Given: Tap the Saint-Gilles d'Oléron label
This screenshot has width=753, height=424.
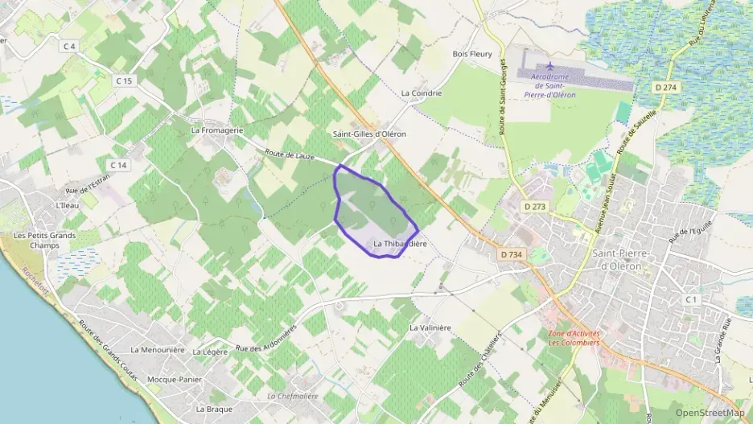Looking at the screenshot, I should click(369, 134).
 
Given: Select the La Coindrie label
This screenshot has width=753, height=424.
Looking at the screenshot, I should click(422, 93).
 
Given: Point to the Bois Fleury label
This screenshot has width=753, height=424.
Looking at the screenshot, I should click(471, 54).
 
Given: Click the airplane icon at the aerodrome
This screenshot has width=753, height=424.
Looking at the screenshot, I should click(550, 67).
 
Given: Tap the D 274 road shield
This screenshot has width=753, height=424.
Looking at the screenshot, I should click(665, 87).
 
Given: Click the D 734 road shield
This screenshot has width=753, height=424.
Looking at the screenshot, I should click(511, 254).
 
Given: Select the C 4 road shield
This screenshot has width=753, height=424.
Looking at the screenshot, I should click(69, 47).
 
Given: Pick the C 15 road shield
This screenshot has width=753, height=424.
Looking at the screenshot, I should click(123, 80).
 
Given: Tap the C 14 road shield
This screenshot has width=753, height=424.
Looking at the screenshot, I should click(118, 165).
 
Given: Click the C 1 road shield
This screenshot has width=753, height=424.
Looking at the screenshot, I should click(691, 299).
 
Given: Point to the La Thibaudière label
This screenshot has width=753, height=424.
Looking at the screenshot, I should click(401, 243).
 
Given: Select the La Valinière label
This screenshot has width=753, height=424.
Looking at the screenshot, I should click(430, 327).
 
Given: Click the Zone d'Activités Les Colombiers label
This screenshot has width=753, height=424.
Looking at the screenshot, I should click(574, 338).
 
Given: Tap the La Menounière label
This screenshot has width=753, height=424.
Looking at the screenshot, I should click(158, 350).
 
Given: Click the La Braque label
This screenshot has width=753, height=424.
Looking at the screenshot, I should click(214, 409).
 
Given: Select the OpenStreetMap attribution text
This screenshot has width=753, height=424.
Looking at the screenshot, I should click(710, 413).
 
